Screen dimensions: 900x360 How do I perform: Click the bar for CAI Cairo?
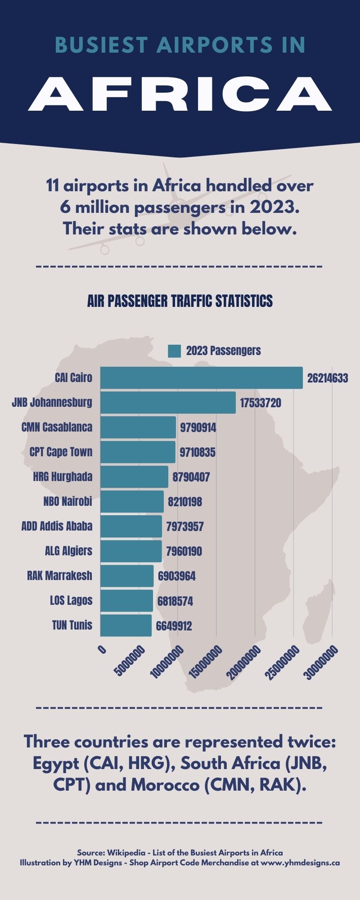coord(201,378)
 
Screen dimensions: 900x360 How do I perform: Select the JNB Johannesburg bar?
coord(168,402)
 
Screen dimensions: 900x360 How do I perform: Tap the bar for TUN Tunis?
coord(126,625)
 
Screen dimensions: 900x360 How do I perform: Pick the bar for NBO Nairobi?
coord(132,501)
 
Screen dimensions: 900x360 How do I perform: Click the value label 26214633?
coord(328,378)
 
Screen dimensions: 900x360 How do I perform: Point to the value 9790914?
coord(198,427)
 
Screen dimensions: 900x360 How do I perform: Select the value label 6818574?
coord(175,601)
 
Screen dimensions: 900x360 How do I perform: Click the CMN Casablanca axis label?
coord(57,427)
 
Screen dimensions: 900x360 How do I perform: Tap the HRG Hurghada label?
coord(63,477)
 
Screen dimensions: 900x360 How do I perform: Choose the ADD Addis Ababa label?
coord(57,526)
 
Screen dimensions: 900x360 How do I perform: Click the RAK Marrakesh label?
coord(59,576)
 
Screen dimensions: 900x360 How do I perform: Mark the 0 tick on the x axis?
coord(103,650)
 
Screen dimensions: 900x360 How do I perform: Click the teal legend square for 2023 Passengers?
coord(174,351)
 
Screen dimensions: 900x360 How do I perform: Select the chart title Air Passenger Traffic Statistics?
coord(180,301)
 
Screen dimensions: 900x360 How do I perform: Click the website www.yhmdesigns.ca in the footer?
coord(300,863)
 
